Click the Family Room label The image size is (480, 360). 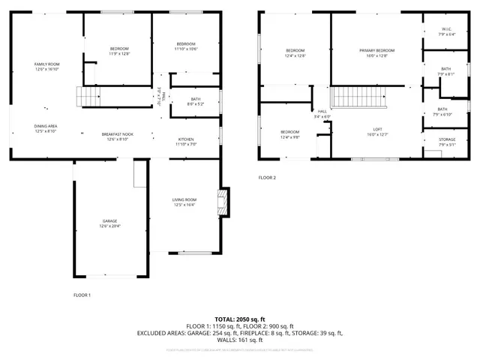46,64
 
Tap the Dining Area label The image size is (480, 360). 46,126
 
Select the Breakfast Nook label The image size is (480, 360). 117,134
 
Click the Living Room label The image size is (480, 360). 184,199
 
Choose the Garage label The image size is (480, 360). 109,220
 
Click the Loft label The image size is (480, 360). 378,129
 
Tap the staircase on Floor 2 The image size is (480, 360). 358,96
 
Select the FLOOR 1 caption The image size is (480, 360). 82,295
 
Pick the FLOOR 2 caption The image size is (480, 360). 267,178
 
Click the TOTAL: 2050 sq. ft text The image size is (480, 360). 239,319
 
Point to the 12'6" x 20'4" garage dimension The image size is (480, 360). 109,226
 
